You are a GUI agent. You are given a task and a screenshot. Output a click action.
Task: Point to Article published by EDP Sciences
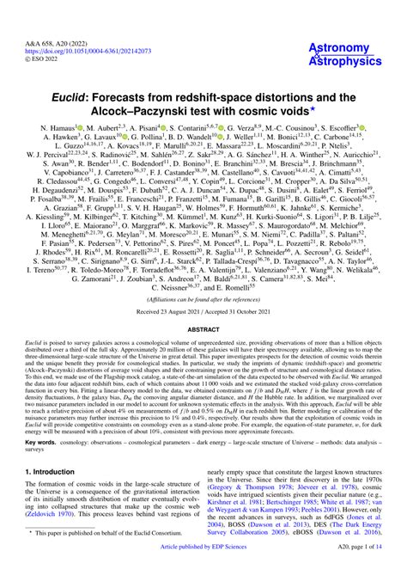(x=203, y=570)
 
